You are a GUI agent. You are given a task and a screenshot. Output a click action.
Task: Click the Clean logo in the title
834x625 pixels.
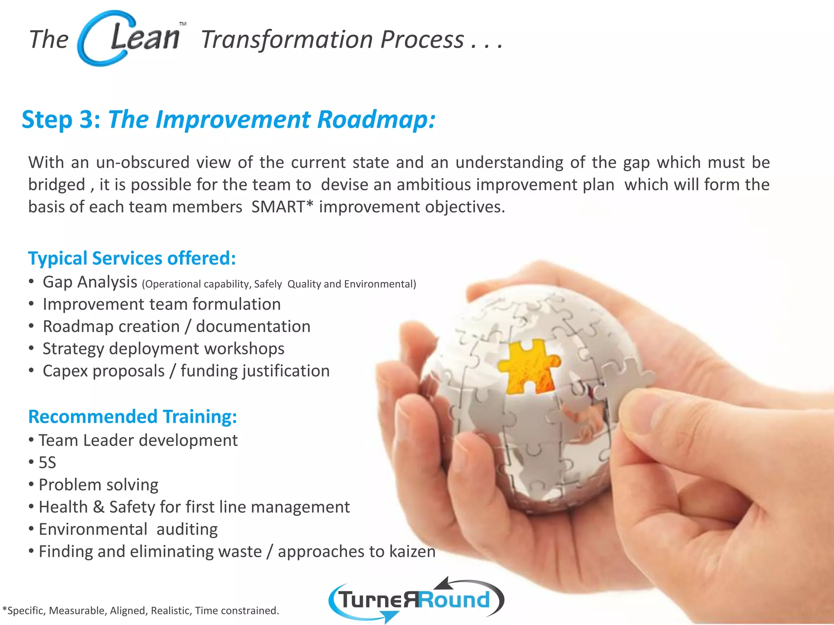click(130, 38)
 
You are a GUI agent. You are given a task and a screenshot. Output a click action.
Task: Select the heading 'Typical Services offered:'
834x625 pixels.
click(132, 258)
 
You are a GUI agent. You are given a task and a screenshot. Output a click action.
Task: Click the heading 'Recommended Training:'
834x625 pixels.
click(132, 417)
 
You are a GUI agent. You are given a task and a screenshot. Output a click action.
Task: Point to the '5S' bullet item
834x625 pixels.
click(47, 463)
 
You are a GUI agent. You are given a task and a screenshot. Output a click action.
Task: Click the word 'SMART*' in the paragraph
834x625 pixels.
click(282, 207)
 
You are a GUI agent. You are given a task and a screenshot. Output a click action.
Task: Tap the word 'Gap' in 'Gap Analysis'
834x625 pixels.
click(57, 282)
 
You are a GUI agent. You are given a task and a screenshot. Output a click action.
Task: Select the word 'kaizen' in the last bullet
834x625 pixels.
click(412, 552)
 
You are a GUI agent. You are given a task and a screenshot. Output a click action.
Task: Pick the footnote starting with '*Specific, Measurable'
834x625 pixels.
click(140, 610)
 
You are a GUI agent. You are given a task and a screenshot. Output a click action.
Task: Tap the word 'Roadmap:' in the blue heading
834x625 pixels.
click(376, 120)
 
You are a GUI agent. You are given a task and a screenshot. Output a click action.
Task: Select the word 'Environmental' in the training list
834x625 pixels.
click(93, 529)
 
